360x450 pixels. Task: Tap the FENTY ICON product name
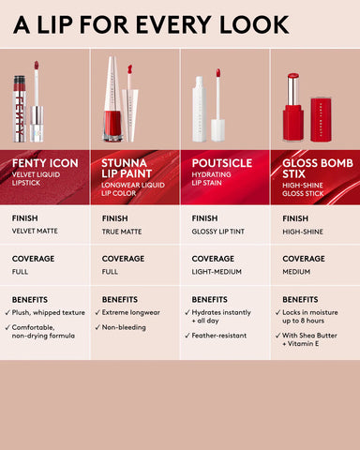tap(45, 163)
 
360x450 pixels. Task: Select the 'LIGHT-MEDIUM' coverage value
tap(217, 272)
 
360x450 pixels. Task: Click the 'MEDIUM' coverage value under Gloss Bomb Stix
tap(296, 272)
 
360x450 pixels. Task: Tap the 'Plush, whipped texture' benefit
tap(48, 312)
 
